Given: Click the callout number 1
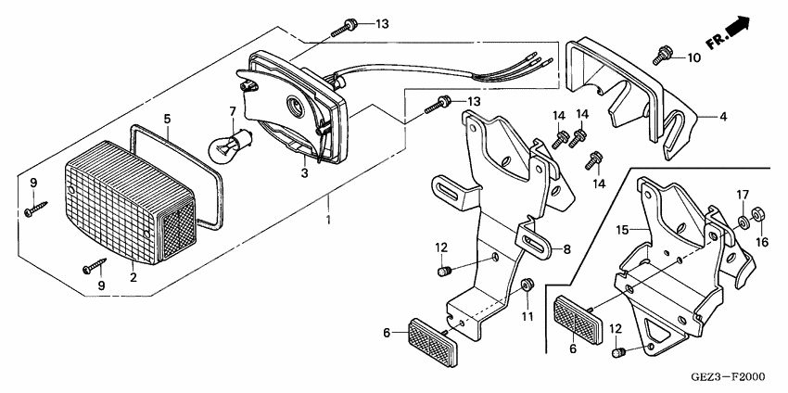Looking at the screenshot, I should (x=328, y=222).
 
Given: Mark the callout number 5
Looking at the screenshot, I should (x=167, y=119).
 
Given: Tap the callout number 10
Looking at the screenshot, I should (x=693, y=58).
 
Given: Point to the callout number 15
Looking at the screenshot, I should (x=623, y=227).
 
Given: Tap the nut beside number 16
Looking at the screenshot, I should (x=756, y=212).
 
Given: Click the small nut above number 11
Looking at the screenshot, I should (x=527, y=285).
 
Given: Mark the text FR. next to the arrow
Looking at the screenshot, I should (x=715, y=41).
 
